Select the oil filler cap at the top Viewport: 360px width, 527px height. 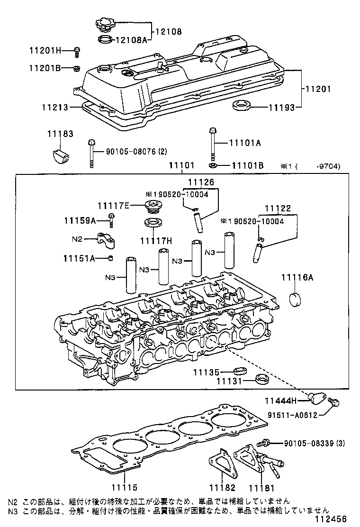click(105, 24)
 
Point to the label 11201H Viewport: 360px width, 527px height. click(44, 50)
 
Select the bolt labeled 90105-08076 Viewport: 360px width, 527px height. click(91, 153)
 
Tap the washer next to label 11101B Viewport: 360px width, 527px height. click(213, 165)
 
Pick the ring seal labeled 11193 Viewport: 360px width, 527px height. click(241, 105)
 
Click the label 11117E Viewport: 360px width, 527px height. click(113, 205)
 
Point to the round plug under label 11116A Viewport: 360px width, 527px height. click(297, 300)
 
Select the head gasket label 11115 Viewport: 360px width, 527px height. click(124, 487)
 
